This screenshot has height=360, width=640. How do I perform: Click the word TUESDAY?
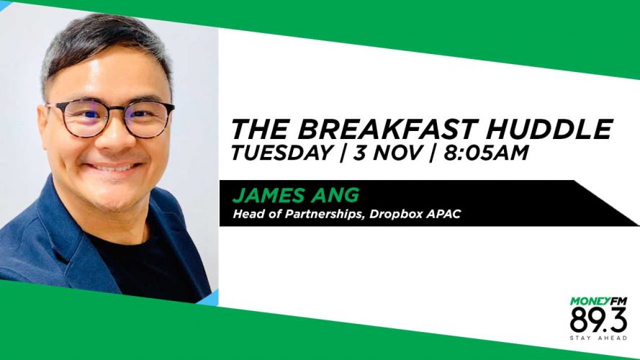281,153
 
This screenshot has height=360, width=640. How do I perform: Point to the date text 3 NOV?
387,153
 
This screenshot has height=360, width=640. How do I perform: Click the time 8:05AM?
486,153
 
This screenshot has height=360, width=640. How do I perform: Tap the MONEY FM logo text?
598,301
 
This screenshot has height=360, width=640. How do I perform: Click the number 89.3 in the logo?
598,320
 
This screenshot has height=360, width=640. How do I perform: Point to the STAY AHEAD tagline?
598,338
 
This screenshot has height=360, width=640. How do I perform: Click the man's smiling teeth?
113,167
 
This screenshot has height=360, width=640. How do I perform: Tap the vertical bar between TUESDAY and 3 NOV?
342,153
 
